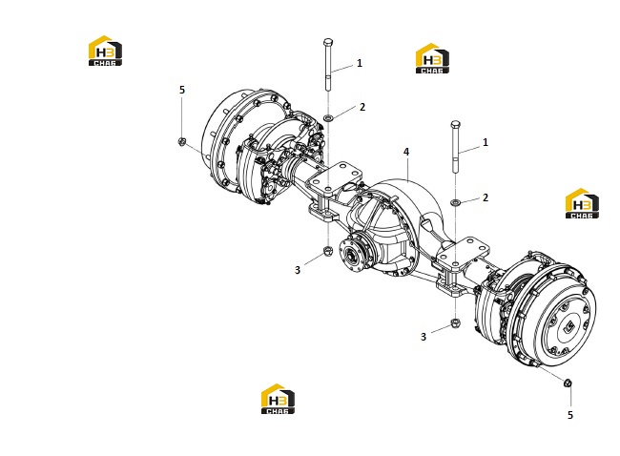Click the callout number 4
pyautogui.click(x=406, y=152)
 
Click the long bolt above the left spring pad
pyautogui.click(x=328, y=65)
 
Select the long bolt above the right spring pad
pyautogui.click(x=456, y=147)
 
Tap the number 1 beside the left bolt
pyautogui.click(x=360, y=63)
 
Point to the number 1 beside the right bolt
pyautogui.click(x=486, y=142)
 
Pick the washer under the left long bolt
pyautogui.click(x=328, y=117)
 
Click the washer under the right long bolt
pyautogui.click(x=456, y=202)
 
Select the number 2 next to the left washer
pyautogui.click(x=362, y=107)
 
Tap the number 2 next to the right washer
pyautogui.click(x=486, y=197)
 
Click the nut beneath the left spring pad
pyautogui.click(x=328, y=251)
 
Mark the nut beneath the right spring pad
pyautogui.click(x=456, y=323)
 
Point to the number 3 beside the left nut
pyautogui.click(x=298, y=270)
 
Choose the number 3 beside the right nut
pyautogui.click(x=424, y=337)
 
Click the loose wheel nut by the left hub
pyautogui.click(x=182, y=141)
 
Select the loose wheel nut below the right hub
pyautogui.click(x=568, y=383)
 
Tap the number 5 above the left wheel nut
pyautogui.click(x=182, y=90)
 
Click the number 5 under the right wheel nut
pyautogui.click(x=570, y=415)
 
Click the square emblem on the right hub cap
pyautogui.click(x=569, y=326)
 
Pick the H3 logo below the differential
pyautogui.click(x=278, y=399)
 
